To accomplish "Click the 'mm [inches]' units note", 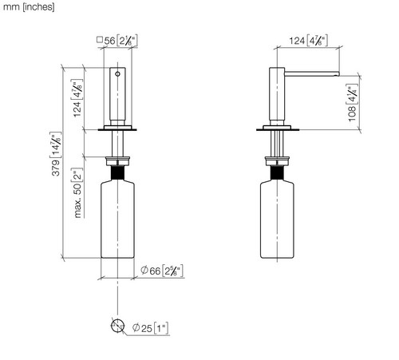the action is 29,6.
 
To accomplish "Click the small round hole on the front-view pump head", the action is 117,74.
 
